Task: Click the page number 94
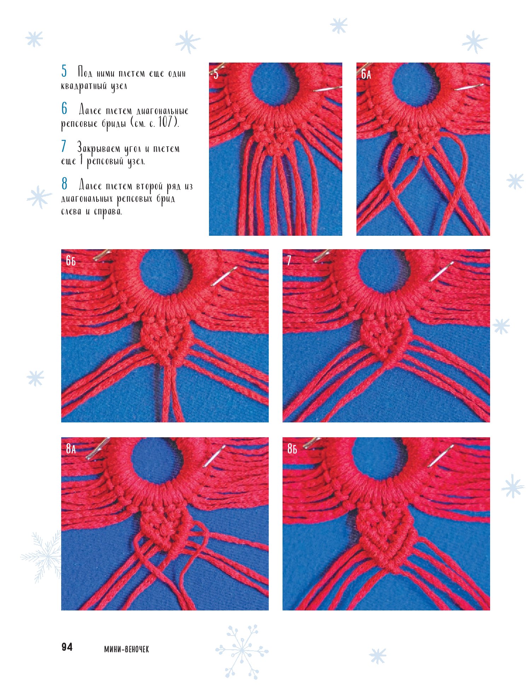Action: tap(67, 647)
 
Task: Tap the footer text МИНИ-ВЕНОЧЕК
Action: tap(127, 649)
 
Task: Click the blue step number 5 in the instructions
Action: tap(64, 71)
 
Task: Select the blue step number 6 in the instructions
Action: tap(64, 108)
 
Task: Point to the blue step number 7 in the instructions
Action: tap(64, 146)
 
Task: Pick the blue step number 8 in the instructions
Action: tap(64, 184)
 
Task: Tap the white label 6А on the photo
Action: tap(366, 74)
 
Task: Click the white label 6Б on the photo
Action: tap(71, 261)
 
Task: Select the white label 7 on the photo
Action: tap(289, 261)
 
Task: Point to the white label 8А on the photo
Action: tap(71, 449)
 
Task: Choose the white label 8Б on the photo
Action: tap(292, 449)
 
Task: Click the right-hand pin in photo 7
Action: tap(441, 271)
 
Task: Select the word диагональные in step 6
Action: tap(162, 111)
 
